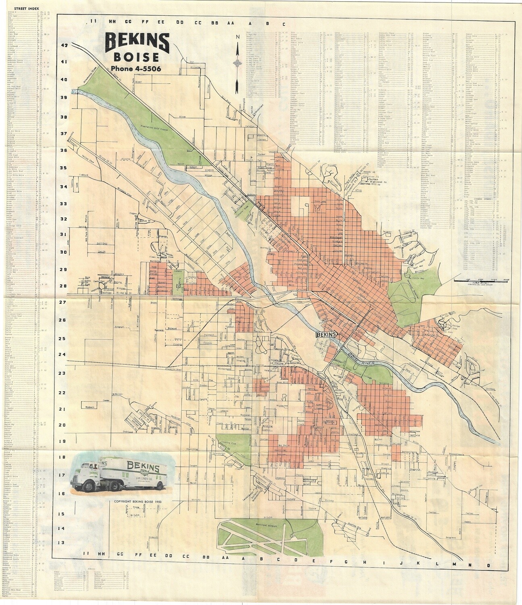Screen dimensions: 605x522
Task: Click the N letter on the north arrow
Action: click(x=238, y=38)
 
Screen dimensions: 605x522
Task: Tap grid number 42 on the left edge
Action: click(x=64, y=46)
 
